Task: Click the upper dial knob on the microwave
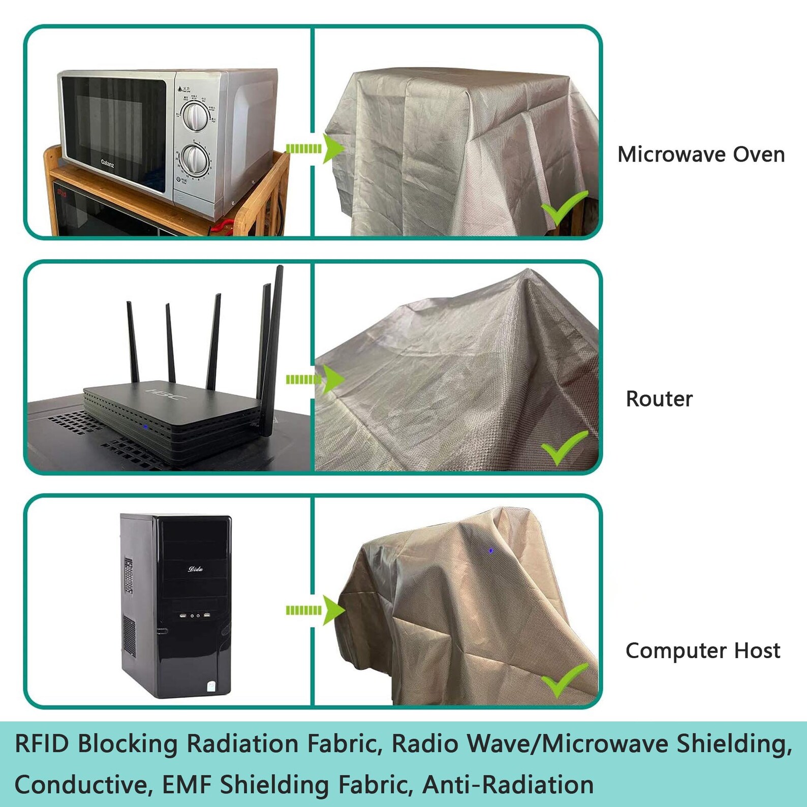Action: [x=195, y=116]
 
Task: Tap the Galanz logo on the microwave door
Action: [x=108, y=163]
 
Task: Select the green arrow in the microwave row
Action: [x=315, y=148]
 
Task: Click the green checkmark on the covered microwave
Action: [x=564, y=208]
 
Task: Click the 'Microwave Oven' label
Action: [x=701, y=154]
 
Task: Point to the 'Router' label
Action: [x=659, y=399]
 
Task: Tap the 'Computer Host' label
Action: [x=702, y=651]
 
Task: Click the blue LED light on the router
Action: [x=145, y=426]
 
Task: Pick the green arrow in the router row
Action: [x=315, y=379]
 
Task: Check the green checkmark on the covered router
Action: [x=564, y=447]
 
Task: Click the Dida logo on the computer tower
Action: [x=195, y=569]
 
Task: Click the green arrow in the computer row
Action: [x=315, y=610]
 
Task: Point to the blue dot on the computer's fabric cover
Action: [x=491, y=550]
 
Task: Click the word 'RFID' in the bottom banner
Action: [x=42, y=744]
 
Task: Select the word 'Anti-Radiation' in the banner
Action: [x=508, y=784]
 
